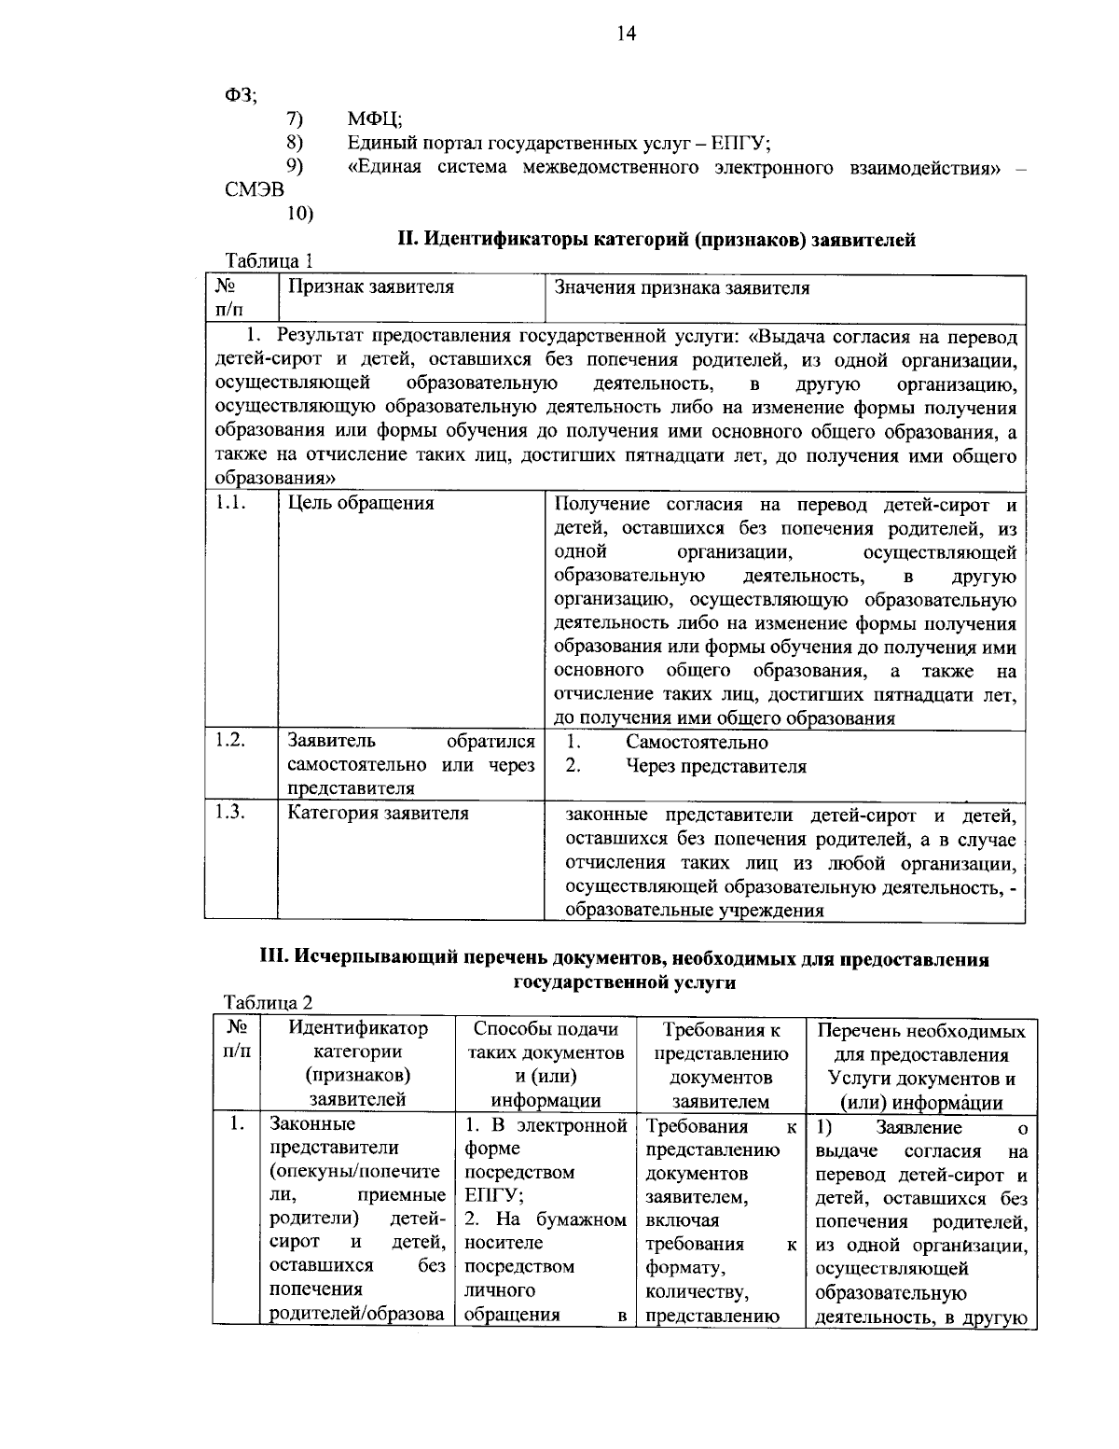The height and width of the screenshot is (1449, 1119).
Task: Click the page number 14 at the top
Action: [x=625, y=35]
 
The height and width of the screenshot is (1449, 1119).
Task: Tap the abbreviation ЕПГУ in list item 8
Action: [x=739, y=143]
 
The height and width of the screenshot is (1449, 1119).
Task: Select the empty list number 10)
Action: [x=299, y=214]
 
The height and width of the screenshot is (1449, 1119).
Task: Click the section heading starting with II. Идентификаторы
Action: [x=656, y=240]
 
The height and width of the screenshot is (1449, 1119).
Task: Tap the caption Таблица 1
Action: [x=269, y=262]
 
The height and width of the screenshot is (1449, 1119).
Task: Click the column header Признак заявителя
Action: [x=370, y=287]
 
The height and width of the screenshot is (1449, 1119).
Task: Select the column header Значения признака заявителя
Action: [x=682, y=287]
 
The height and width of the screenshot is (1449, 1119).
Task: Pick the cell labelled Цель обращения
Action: [x=360, y=504]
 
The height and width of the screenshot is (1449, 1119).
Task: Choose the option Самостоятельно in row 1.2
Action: [x=697, y=743]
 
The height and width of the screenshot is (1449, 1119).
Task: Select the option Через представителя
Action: [x=715, y=767]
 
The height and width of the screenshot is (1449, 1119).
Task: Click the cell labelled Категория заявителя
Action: [x=378, y=814]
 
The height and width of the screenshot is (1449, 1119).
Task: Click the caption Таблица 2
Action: [x=269, y=1003]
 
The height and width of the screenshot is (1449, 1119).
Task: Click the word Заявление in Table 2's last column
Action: [x=919, y=1128]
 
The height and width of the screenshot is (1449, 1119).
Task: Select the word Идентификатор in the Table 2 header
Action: [x=358, y=1029]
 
